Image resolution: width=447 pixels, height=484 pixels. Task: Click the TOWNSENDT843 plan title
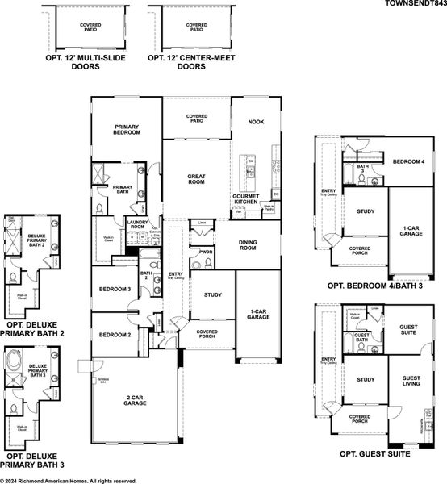tap(413, 5)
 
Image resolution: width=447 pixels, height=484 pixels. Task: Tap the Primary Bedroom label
tap(127, 129)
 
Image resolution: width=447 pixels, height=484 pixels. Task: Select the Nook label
tap(257, 122)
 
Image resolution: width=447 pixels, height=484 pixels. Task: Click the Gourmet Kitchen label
tap(245, 198)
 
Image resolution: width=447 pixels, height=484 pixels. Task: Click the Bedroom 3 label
tap(115, 289)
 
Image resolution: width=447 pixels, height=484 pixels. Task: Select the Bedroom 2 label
tap(115, 335)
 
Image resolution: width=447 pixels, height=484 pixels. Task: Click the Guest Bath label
tap(362, 337)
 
